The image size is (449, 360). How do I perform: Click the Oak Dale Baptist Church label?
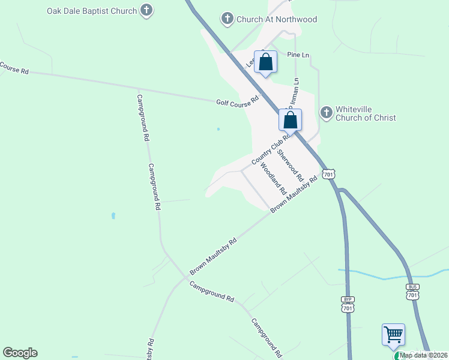pyautogui.click(x=91, y=10)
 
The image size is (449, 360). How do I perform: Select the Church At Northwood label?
pyautogui.click(x=276, y=19)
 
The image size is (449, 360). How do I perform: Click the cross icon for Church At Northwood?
pyautogui.click(x=228, y=19)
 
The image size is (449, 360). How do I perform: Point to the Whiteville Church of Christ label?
pyautogui.click(x=365, y=113)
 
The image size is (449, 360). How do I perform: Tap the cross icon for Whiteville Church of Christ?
pyautogui.click(x=326, y=112)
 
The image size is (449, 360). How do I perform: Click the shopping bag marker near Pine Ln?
pyautogui.click(x=266, y=62)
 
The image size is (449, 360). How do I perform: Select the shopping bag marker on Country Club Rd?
pyautogui.click(x=290, y=120)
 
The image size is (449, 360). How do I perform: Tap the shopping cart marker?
pyautogui.click(x=393, y=335)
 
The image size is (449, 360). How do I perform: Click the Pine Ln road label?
pyautogui.click(x=298, y=55)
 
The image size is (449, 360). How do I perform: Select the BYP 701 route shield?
pyautogui.click(x=348, y=304)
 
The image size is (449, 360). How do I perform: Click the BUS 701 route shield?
pyautogui.click(x=412, y=292)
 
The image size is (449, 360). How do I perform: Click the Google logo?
pyautogui.click(x=20, y=353)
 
